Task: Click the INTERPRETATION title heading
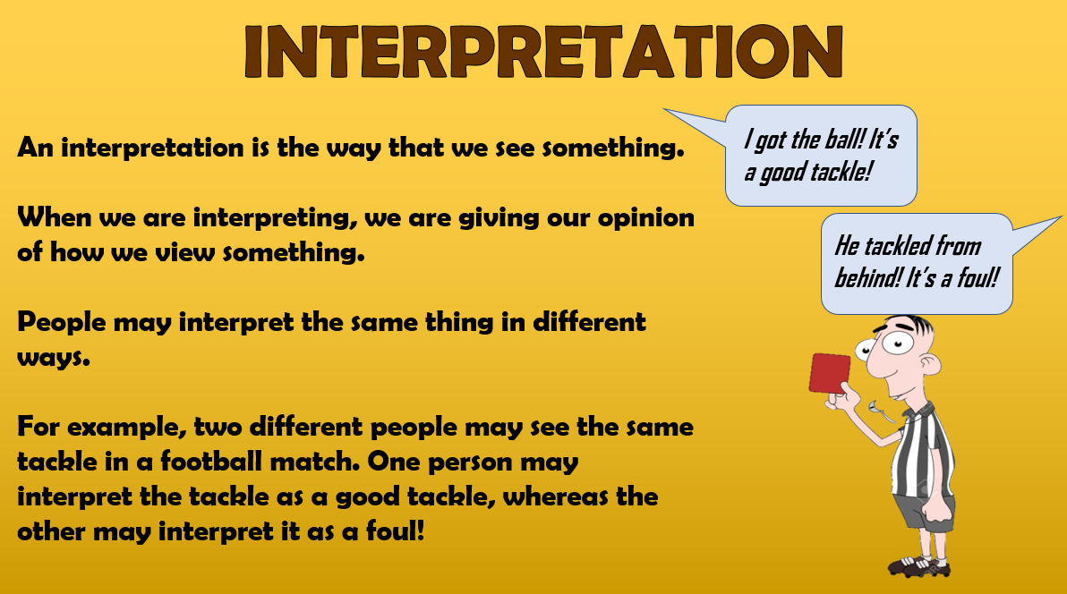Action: click(543, 52)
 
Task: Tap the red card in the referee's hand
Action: click(830, 374)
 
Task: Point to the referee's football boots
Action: click(918, 565)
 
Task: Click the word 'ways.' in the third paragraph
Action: click(53, 358)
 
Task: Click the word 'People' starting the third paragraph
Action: click(62, 322)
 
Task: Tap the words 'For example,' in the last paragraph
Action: click(102, 428)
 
